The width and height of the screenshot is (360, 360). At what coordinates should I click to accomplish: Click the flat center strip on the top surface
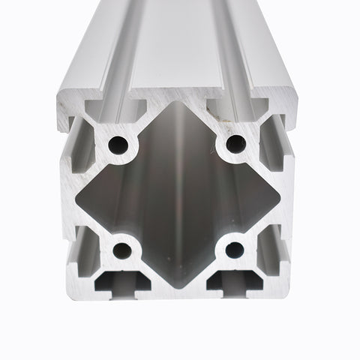pos(178,45)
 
